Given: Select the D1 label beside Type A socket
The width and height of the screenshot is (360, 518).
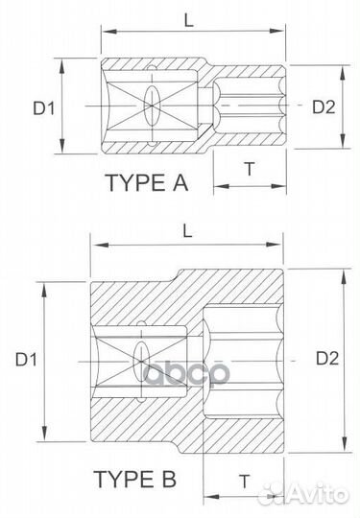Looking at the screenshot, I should coord(42,107).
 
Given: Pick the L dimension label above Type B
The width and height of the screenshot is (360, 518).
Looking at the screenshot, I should coord(187,230).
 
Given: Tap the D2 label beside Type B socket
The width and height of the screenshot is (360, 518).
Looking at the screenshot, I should coord(327,359).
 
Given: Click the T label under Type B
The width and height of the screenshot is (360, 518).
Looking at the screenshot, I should coord(244,479).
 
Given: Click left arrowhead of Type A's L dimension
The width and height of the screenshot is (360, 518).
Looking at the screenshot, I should coord(106,33).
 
